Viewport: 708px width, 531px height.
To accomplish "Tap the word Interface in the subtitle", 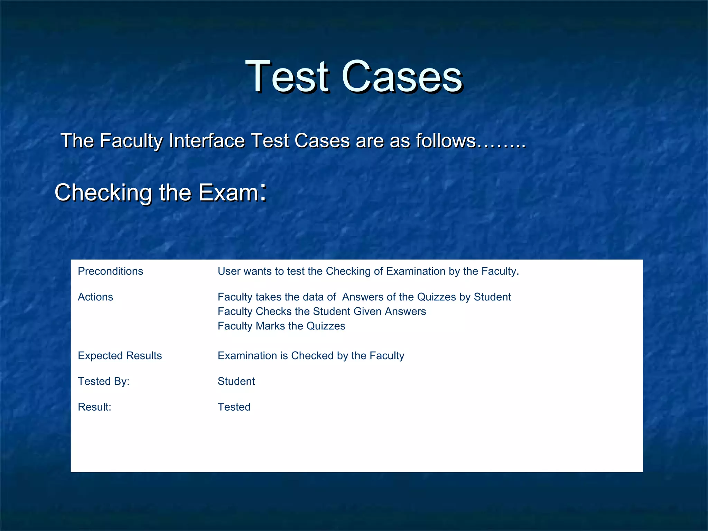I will (x=207, y=141).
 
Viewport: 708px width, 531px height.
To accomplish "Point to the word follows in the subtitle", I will (x=446, y=141).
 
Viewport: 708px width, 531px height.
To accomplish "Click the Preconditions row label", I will (x=110, y=271).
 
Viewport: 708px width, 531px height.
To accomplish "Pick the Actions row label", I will (x=95, y=297).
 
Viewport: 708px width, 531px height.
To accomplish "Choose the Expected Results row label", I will (x=120, y=356).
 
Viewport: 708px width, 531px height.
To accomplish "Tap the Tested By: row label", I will (x=103, y=381).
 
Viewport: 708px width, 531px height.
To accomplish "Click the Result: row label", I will (x=94, y=407).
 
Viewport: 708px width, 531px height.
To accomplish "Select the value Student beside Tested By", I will (x=236, y=381).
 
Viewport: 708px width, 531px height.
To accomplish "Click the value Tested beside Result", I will (x=234, y=407).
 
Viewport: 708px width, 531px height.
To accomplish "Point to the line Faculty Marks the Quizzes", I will (x=281, y=326).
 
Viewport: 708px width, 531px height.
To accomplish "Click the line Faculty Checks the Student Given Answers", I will (x=322, y=311).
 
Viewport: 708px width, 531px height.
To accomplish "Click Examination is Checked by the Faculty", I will (x=311, y=356).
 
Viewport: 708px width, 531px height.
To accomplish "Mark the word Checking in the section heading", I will (x=103, y=193).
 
